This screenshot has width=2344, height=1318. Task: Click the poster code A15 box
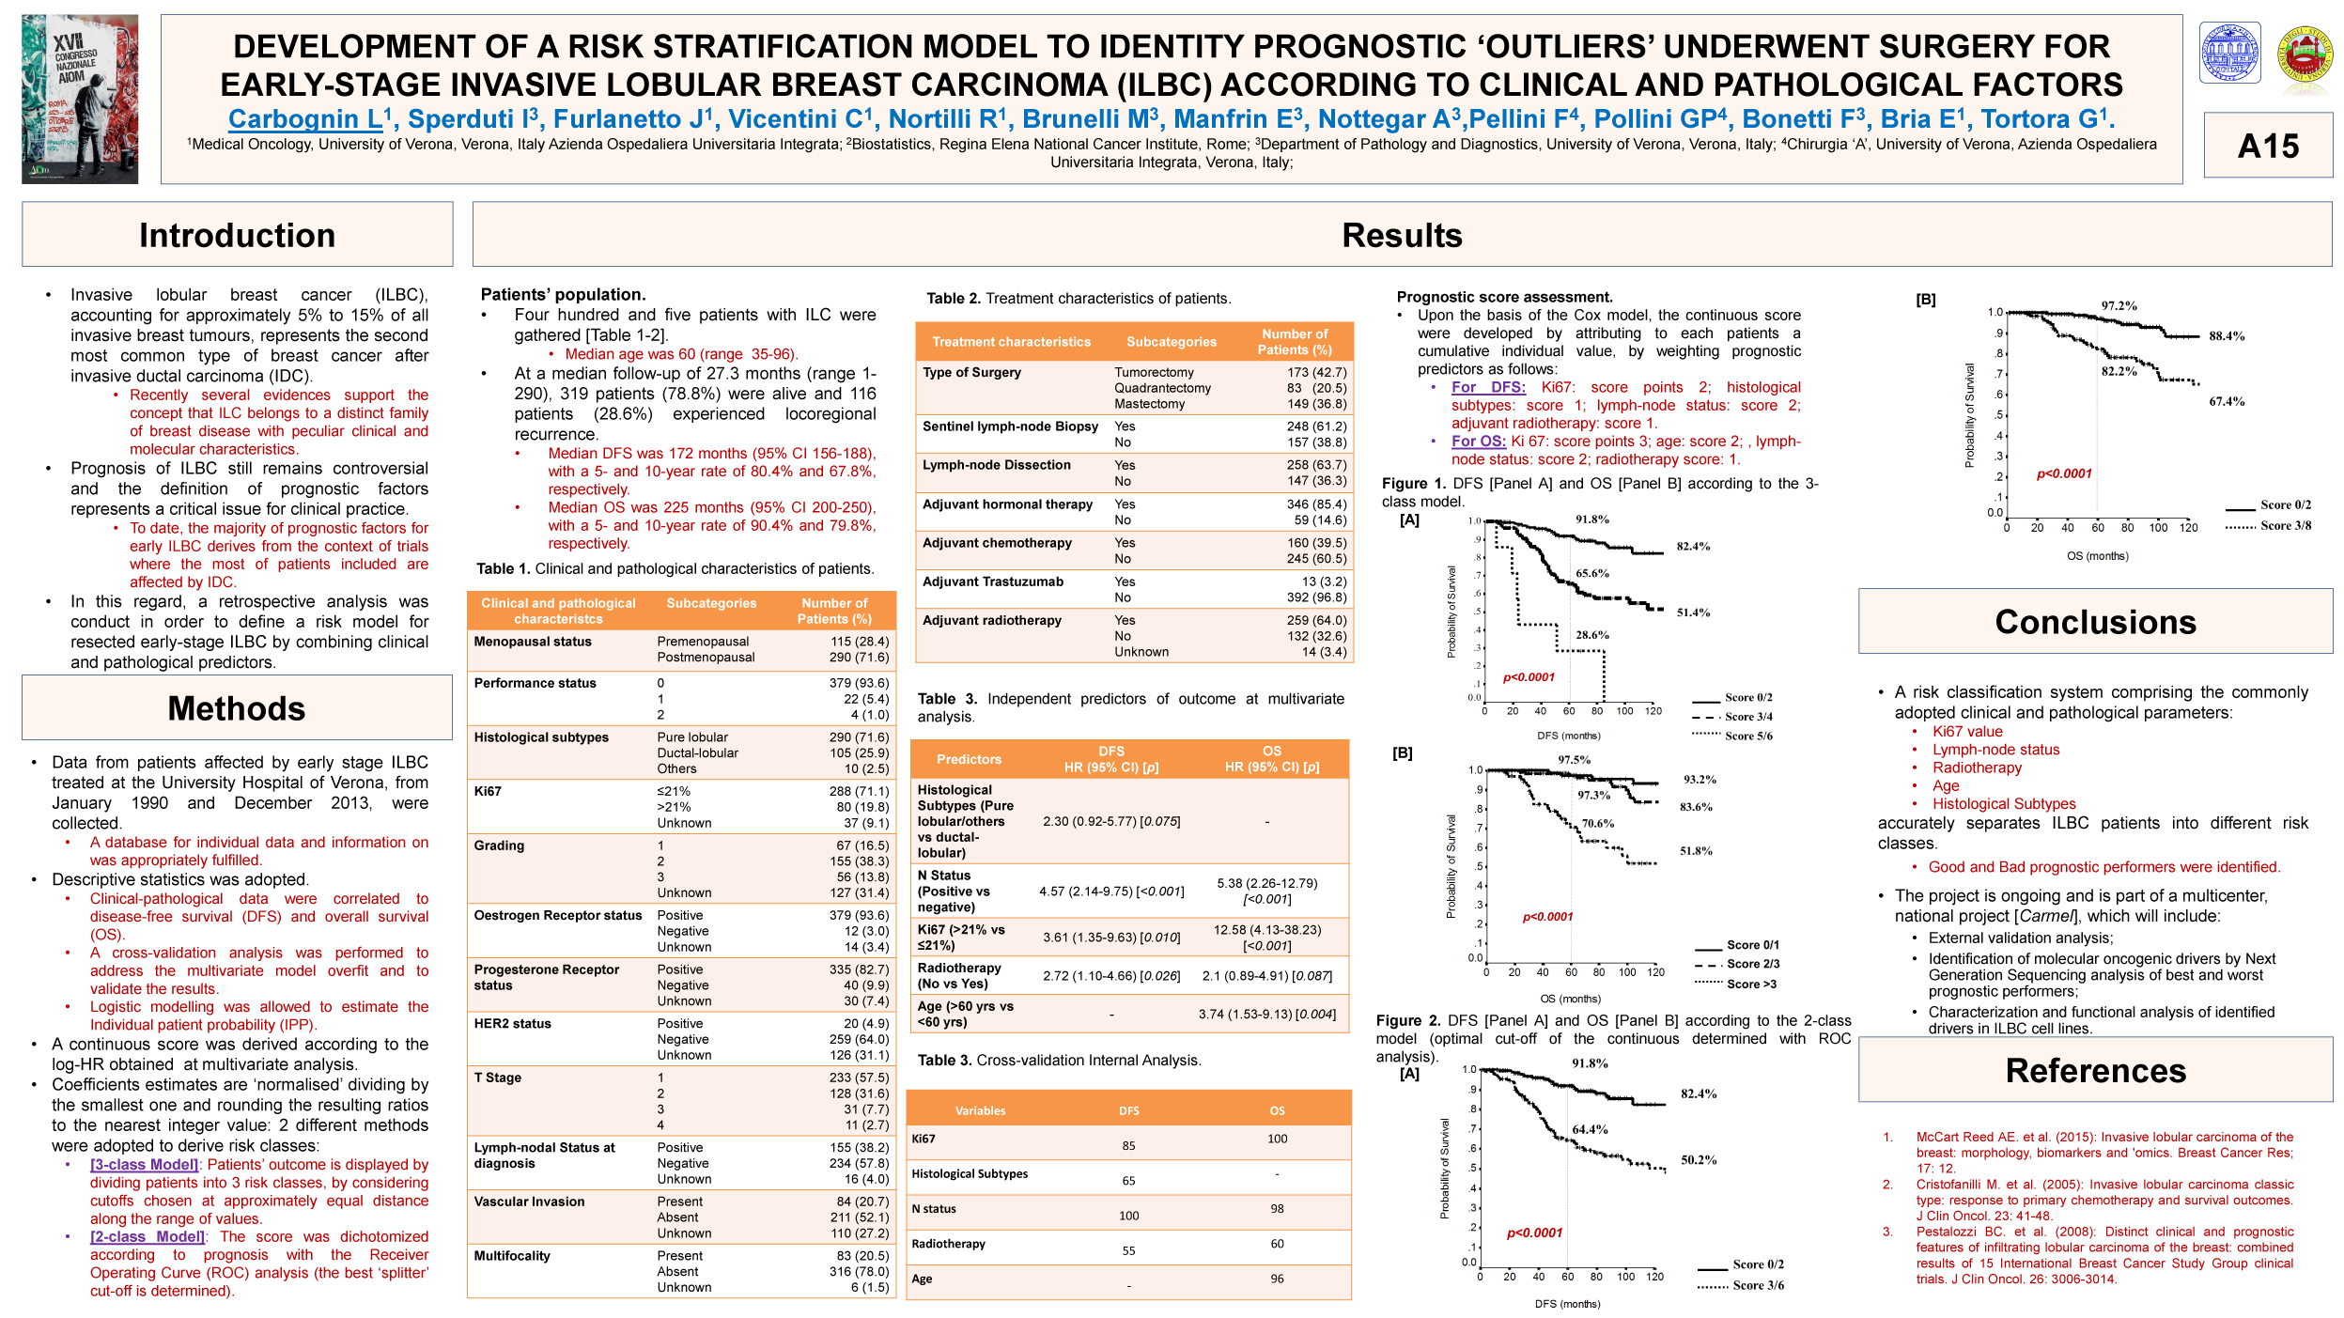pyautogui.click(x=2267, y=146)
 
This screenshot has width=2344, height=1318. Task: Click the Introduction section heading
pyautogui.click(x=237, y=235)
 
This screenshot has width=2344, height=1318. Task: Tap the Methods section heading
pyautogui.click(x=237, y=708)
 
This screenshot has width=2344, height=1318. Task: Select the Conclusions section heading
pyautogui.click(x=2095, y=622)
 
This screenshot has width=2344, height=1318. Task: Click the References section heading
pyautogui.click(x=2095, y=1070)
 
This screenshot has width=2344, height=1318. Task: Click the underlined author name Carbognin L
pyautogui.click(x=305, y=119)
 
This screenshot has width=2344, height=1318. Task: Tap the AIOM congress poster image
pyautogui.click(x=80, y=99)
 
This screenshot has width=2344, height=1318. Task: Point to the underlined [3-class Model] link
pyautogui.click(x=144, y=1165)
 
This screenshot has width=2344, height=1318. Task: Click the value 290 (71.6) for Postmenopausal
pyautogui.click(x=859, y=658)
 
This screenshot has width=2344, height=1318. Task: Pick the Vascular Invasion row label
pyautogui.click(x=529, y=1202)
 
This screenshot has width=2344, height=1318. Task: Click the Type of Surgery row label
pyautogui.click(x=971, y=372)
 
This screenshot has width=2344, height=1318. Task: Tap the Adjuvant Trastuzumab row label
pyautogui.click(x=993, y=581)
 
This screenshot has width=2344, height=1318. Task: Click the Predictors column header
pyautogui.click(x=969, y=759)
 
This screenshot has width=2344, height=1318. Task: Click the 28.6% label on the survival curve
pyautogui.click(x=1592, y=635)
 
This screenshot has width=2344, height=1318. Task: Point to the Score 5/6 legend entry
pyautogui.click(x=1748, y=737)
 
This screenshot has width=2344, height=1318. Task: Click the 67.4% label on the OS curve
pyautogui.click(x=2227, y=402)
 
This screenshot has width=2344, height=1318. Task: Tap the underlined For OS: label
pyautogui.click(x=1478, y=442)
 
